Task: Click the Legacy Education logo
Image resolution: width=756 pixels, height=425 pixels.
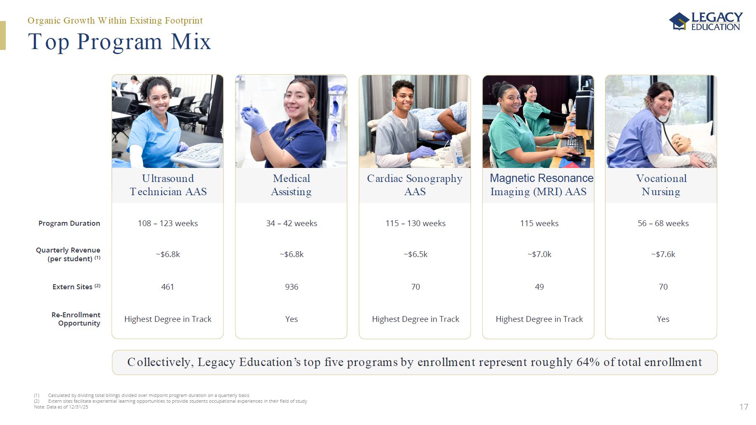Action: coord(706,21)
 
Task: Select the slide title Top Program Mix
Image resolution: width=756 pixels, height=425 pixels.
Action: coord(119,41)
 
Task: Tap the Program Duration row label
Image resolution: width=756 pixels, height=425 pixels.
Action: coord(69,223)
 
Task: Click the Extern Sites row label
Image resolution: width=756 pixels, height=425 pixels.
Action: coord(76,287)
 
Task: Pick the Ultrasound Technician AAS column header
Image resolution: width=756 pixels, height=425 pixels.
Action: coord(168,185)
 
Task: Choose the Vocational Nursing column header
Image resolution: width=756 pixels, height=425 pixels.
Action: coord(661,185)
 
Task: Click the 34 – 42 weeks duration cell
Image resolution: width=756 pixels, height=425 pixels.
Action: coord(292,223)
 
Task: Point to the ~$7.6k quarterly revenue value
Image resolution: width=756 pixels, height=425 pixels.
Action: coord(663,254)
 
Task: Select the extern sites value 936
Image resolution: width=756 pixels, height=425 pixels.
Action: coord(292,287)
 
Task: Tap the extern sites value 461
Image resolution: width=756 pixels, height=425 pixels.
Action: coord(167,287)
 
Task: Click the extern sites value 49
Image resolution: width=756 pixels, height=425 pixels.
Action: coord(539,287)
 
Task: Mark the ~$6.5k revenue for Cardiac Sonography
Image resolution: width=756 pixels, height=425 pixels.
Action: coord(415,254)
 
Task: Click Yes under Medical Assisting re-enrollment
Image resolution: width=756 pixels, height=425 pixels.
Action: coord(292,319)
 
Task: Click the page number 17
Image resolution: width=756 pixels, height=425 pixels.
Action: coord(744,407)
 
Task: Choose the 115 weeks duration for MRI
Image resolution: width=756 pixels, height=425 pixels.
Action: coord(539,223)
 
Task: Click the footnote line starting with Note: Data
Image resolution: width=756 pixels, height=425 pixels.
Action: coord(61,407)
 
